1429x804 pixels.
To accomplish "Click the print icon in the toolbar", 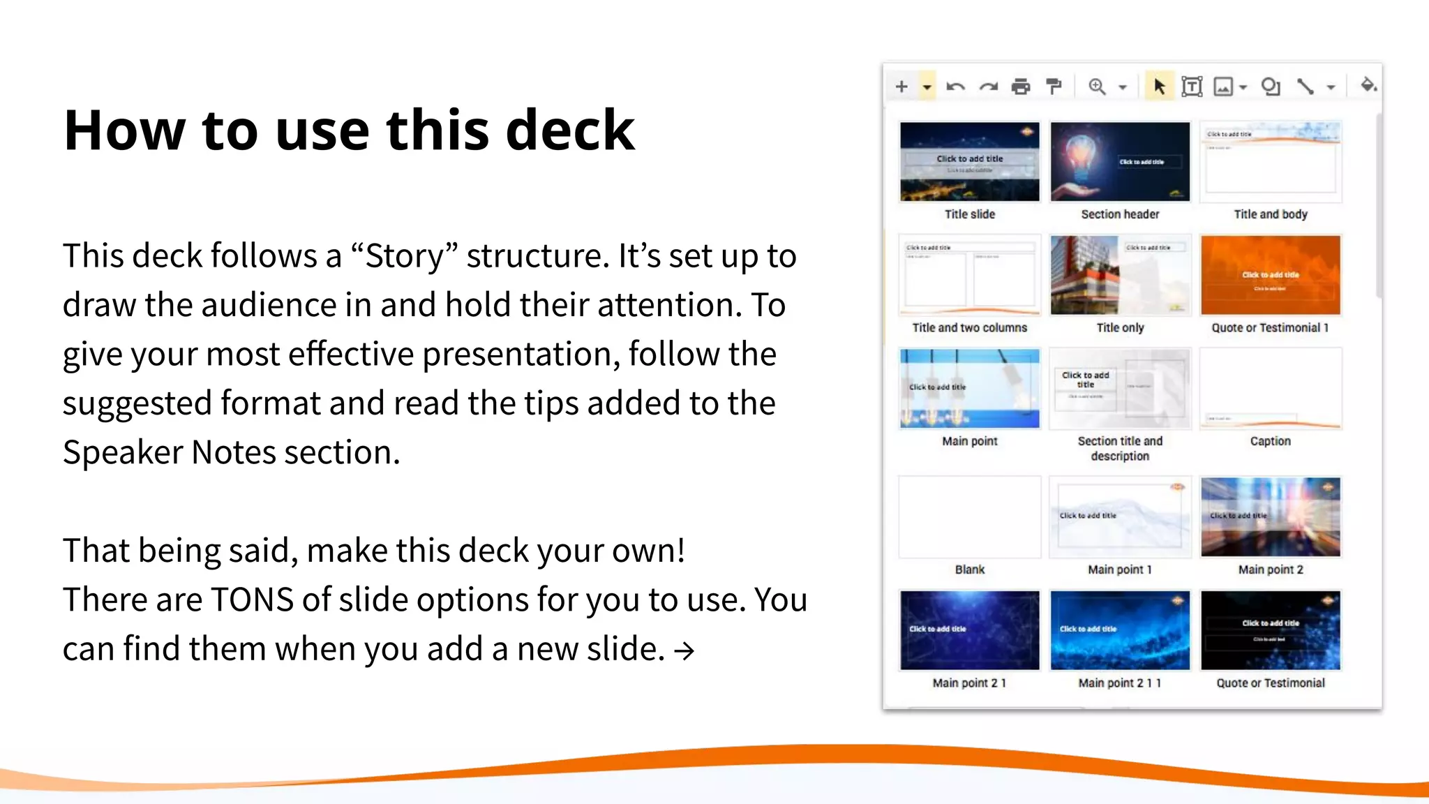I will (x=1021, y=87).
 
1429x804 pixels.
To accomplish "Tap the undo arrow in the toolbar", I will (x=955, y=87).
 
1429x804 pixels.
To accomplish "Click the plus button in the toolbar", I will (x=901, y=87).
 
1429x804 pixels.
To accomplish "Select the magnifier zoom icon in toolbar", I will (x=1097, y=87).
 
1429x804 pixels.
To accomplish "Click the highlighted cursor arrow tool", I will (x=1159, y=87).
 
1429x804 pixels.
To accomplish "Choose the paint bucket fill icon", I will (x=1368, y=85).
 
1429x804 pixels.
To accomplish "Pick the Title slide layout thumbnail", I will (x=969, y=161).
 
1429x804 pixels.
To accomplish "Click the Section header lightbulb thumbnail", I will (x=1120, y=161).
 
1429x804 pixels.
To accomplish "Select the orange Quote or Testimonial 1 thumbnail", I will (x=1270, y=275).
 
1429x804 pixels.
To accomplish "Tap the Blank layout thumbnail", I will (x=969, y=517).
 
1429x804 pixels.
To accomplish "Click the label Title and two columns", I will (x=969, y=328).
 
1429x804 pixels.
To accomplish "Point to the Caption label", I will (x=1270, y=441).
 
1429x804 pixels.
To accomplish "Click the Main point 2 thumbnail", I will (x=1270, y=517).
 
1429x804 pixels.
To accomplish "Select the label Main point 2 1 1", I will (x=1119, y=683).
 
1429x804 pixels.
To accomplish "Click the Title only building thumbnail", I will (x=1120, y=275).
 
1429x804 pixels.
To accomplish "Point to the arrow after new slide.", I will (x=684, y=651).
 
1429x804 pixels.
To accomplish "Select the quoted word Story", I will (x=405, y=256).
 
